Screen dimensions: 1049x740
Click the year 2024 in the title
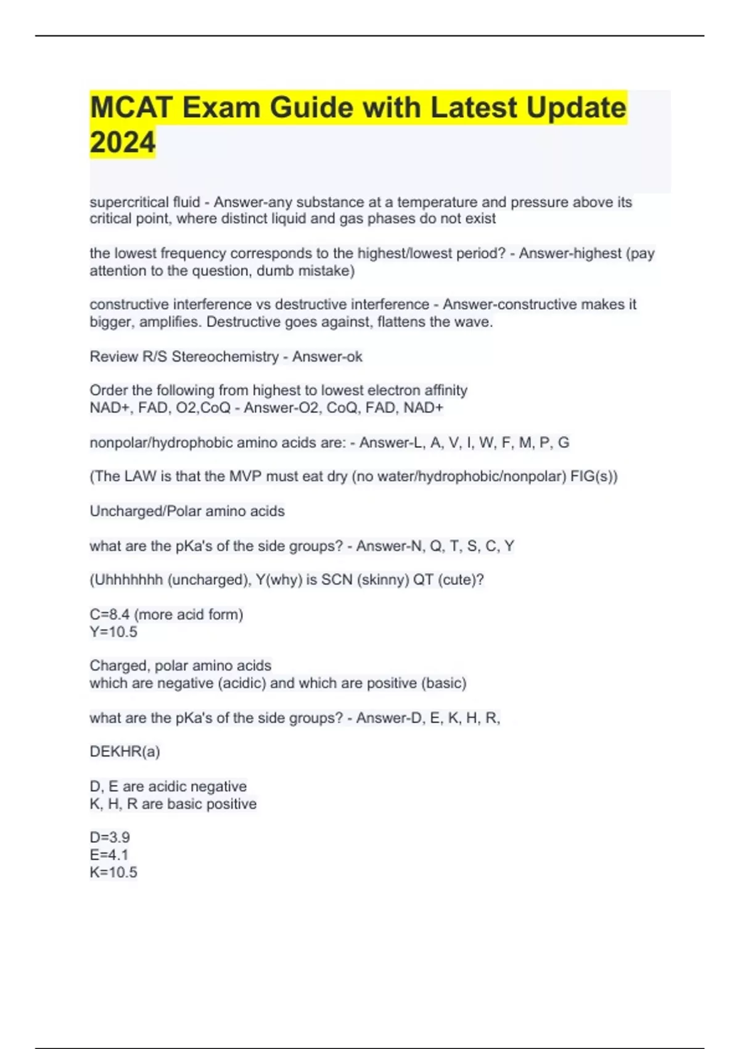click(x=122, y=142)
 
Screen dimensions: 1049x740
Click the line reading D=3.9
click(x=110, y=837)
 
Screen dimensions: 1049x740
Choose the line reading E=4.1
click(x=109, y=855)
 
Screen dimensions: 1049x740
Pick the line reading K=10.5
click(x=113, y=872)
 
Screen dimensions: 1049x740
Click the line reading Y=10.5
click(x=113, y=632)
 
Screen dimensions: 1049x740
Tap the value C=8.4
click(x=109, y=615)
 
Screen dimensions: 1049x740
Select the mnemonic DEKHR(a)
click(x=125, y=752)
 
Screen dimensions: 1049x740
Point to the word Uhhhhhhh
click(x=126, y=580)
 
